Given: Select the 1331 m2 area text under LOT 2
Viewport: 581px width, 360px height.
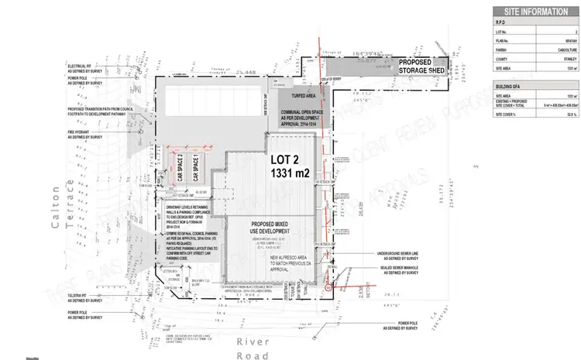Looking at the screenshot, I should (290, 176).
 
